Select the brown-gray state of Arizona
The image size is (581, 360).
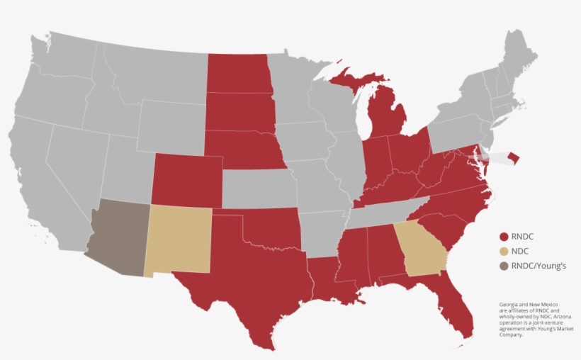click(x=117, y=237)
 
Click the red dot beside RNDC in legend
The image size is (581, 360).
click(x=504, y=237)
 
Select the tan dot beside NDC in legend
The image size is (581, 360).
click(x=504, y=251)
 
